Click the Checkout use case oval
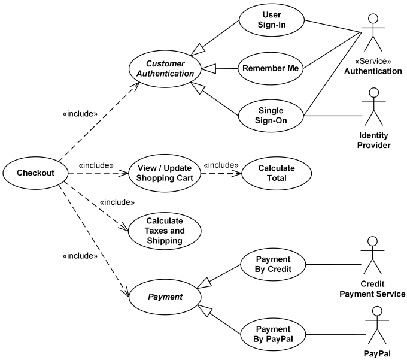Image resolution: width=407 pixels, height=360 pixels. tap(35, 173)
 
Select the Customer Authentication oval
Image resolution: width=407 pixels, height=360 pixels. tap(165, 69)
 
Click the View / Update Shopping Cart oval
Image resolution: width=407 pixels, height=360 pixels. tap(165, 173)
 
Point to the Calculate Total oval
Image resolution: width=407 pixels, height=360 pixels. tap(276, 173)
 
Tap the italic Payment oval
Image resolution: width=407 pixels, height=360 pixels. tap(165, 297)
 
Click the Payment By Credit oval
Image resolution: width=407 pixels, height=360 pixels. tap(273, 264)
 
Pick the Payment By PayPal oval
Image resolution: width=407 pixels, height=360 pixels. tap(273, 334)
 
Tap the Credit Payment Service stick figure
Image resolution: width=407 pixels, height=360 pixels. tap(372, 255)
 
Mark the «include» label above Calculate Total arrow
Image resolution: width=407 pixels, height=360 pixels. tap(221, 165)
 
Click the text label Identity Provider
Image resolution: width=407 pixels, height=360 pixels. tap(374, 141)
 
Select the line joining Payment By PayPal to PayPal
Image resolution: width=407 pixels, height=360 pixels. tap(335, 334)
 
